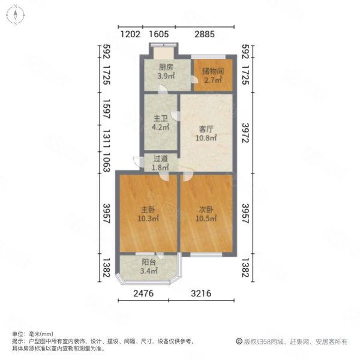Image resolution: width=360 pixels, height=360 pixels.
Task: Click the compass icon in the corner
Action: tap(15, 15)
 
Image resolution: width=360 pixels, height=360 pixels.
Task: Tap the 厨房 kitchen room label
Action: tap(166, 67)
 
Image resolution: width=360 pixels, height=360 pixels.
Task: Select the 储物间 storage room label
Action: tap(213, 71)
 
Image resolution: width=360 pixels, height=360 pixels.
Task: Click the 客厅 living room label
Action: tap(206, 129)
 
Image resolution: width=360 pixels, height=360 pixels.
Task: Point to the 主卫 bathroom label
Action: tap(160, 118)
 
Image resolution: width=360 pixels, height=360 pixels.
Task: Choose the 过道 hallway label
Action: tap(160, 158)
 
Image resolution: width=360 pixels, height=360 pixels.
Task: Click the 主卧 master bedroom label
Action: tap(148, 209)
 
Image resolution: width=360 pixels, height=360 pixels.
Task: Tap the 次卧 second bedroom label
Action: tap(206, 209)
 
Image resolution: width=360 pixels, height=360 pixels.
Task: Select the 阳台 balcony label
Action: tap(149, 262)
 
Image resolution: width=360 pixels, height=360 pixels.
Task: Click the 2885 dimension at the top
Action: tap(205, 34)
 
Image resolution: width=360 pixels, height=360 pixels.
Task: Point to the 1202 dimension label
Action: tap(130, 34)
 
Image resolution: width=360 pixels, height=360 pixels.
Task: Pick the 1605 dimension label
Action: tap(159, 34)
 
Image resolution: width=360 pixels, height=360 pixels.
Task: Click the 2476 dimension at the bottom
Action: tap(143, 293)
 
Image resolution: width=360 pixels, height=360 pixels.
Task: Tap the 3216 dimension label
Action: tap(201, 293)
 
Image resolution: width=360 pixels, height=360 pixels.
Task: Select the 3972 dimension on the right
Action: tap(245, 133)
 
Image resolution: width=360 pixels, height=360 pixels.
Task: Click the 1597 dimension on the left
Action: tap(107, 109)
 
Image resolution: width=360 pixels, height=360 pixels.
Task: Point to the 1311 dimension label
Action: tap(107, 139)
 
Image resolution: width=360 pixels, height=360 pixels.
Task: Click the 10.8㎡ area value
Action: tap(206, 138)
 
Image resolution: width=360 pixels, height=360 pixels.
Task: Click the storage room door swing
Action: tap(194, 79)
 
